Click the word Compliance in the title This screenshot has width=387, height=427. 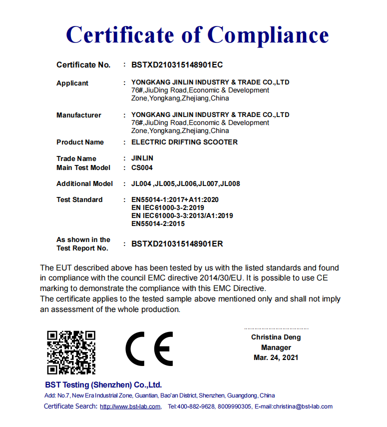[x=268, y=34]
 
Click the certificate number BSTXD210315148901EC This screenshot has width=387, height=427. [x=177, y=64]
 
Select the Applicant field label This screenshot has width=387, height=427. [x=72, y=83]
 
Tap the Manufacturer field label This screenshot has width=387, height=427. [x=79, y=115]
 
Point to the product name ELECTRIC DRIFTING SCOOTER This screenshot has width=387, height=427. [x=184, y=142]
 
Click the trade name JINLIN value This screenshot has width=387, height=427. [x=142, y=158]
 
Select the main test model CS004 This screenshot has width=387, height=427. [x=142, y=167]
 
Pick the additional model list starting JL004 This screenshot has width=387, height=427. [x=185, y=183]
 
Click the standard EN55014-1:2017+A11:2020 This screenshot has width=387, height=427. [x=175, y=199]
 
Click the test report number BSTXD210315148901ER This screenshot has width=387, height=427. [x=177, y=244]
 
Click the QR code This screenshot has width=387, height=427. [x=71, y=352]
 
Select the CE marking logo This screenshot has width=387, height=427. [x=149, y=348]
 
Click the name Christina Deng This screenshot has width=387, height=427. [x=276, y=337]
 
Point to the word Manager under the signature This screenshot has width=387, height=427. [x=276, y=347]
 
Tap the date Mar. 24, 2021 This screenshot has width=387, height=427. [x=276, y=357]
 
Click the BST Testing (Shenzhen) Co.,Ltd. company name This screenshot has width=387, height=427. [x=103, y=385]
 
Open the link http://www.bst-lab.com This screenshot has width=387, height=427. [x=130, y=406]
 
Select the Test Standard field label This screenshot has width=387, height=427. [x=79, y=199]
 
